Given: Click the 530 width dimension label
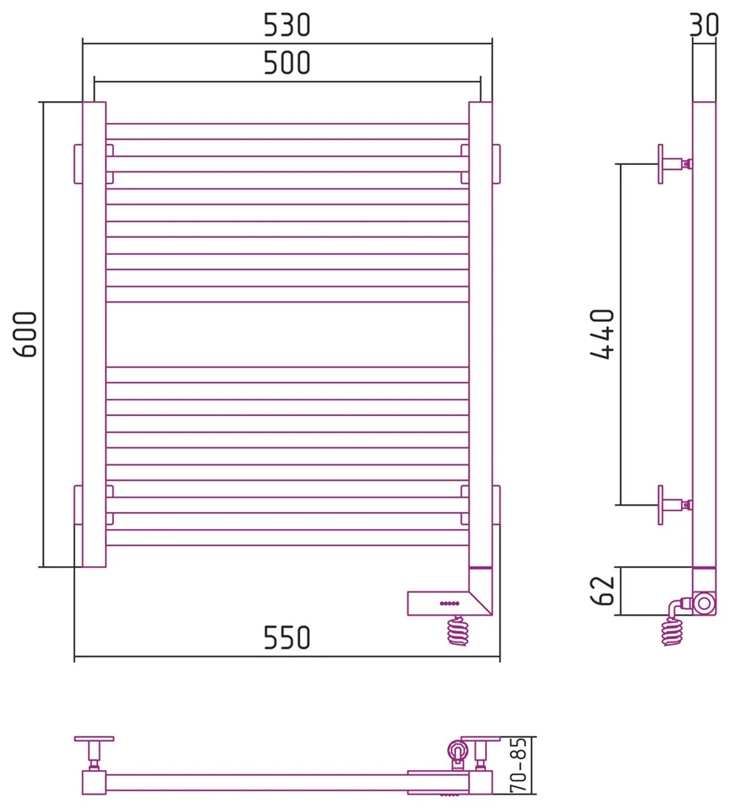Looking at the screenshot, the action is click(x=287, y=25).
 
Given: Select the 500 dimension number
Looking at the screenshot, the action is click(x=287, y=63).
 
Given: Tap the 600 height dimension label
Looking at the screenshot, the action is click(x=25, y=334).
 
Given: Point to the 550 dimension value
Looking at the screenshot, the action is click(x=287, y=637).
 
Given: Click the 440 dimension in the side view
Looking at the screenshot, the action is click(x=602, y=334).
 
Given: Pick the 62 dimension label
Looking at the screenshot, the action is click(x=602, y=591).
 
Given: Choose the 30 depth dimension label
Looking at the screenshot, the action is click(x=704, y=24).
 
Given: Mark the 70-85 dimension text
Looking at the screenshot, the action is click(x=518, y=765).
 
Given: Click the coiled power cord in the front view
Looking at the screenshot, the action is click(x=458, y=630).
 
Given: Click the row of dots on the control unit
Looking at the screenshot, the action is click(x=450, y=604).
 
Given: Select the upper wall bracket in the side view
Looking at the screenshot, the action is click(x=674, y=164).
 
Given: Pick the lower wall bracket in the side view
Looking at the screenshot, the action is click(x=674, y=505).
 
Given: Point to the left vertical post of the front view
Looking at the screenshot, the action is click(x=94, y=334).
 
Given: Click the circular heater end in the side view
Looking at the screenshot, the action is click(x=704, y=604).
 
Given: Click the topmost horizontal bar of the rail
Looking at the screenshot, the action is click(x=287, y=132).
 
